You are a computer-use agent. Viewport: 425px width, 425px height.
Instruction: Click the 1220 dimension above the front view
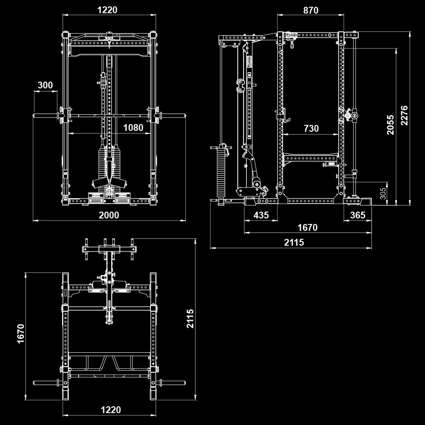coord(107,10)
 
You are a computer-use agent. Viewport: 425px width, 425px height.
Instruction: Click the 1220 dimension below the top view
coord(110,410)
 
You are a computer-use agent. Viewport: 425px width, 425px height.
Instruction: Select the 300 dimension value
coord(45,85)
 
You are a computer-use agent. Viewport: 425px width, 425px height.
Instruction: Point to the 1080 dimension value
coord(133,127)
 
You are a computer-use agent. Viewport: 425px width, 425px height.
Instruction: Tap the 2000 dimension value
coord(109,215)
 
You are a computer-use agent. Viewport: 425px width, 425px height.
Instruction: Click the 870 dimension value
coord(311,10)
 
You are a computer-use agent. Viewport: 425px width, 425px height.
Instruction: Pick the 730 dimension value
coord(311,128)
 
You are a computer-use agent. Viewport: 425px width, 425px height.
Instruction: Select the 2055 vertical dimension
coord(390,125)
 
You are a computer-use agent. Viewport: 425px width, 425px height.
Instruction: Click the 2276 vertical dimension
coord(404,115)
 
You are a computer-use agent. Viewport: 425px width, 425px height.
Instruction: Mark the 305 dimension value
coord(383,193)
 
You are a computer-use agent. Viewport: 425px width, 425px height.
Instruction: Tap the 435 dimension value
coord(261,215)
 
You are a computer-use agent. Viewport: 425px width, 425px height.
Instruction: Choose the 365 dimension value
coord(357,215)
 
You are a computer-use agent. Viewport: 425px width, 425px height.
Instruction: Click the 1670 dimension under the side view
coord(307,228)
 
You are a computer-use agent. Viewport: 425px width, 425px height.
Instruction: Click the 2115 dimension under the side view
coord(294,242)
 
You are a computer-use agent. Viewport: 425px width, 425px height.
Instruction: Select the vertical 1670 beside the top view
coord(21,334)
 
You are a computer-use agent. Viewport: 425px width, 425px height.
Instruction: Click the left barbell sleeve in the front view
coord(45,115)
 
